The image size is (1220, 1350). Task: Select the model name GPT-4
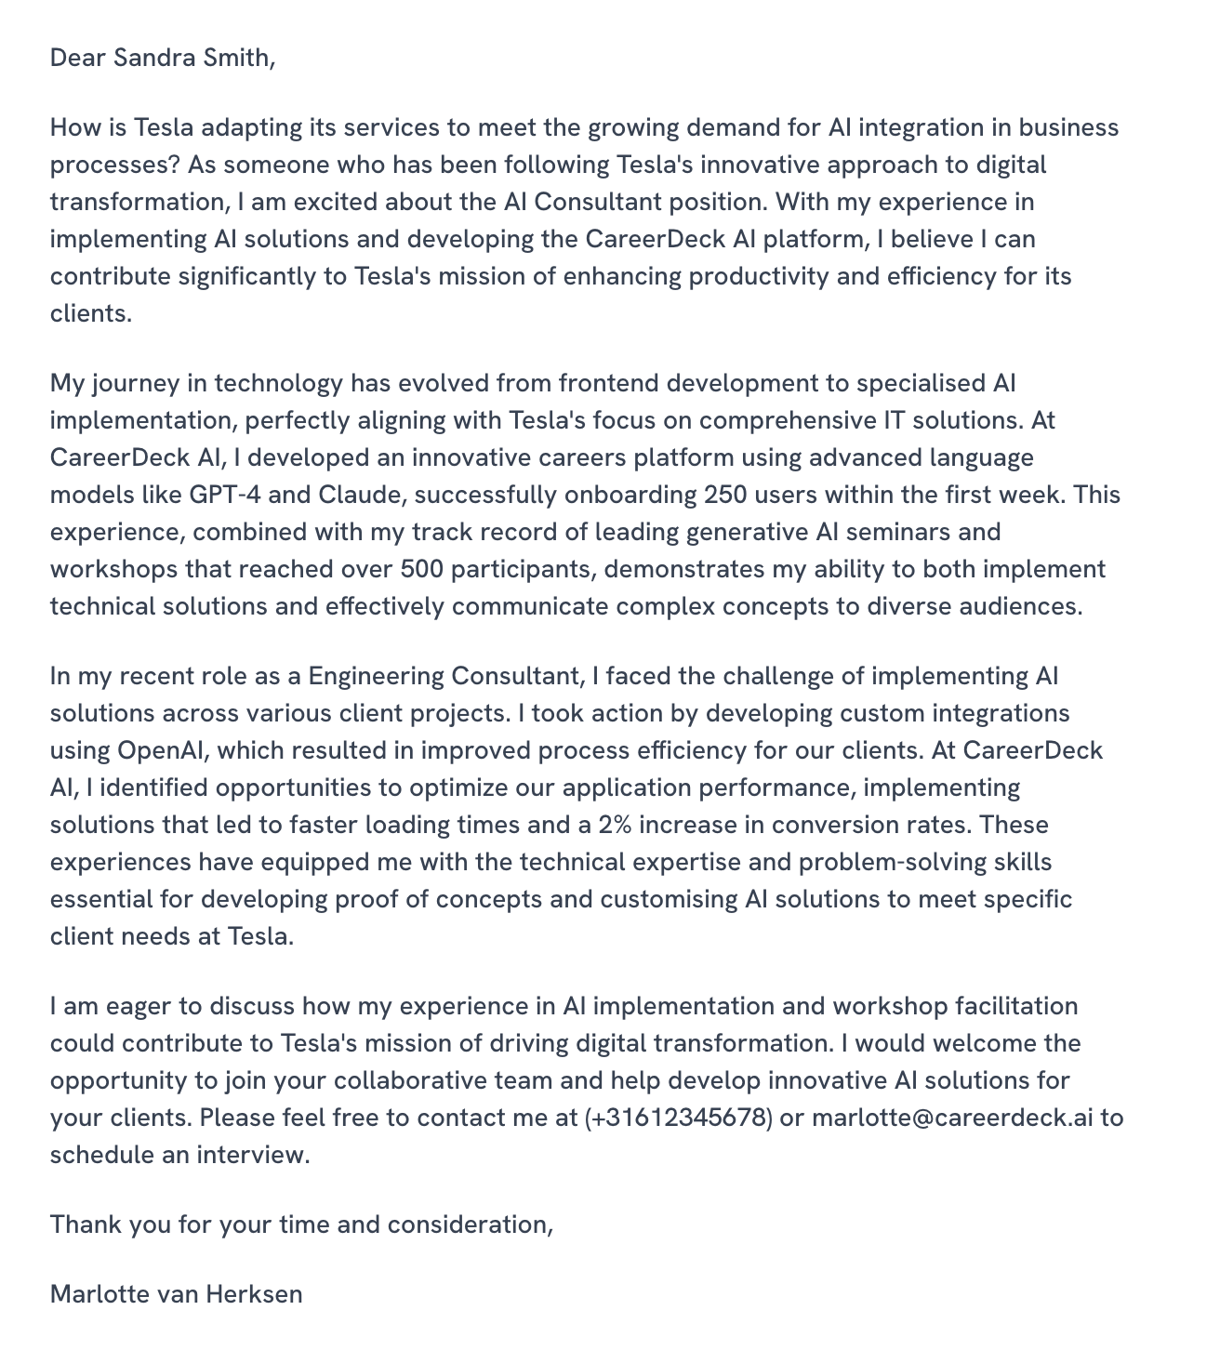click(224, 495)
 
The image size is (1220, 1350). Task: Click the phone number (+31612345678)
click(679, 1118)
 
